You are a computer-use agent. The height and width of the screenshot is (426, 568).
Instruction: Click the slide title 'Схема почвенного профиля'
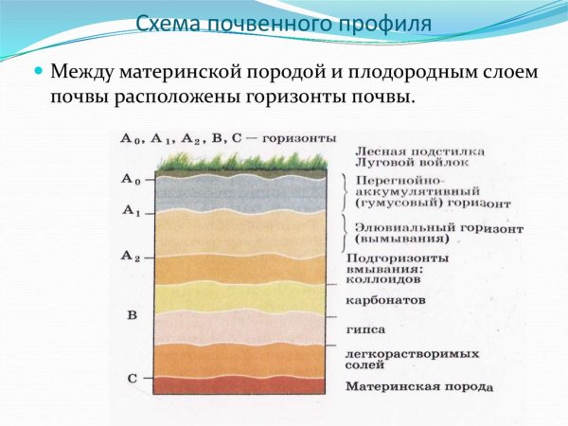point(283,23)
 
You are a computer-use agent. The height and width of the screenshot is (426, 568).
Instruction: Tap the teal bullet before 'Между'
point(39,71)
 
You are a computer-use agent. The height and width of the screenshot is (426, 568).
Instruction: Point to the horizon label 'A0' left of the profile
point(131,179)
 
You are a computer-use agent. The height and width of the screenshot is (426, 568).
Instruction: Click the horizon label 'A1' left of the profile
point(131,213)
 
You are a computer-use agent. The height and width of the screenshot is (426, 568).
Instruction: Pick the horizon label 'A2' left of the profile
point(131,256)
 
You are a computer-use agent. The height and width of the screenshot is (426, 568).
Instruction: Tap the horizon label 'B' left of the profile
point(131,314)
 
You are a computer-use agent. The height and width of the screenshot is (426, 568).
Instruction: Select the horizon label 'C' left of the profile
point(132,378)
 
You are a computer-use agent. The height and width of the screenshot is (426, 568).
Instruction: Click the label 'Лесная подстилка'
point(419,151)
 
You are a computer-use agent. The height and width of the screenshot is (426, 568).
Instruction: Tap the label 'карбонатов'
point(385,299)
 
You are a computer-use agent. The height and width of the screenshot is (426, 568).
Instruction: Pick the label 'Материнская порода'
point(418,386)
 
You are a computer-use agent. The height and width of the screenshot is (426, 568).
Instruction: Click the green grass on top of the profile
point(246,162)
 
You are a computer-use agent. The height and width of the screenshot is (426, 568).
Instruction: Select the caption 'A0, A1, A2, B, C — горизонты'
point(227,138)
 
